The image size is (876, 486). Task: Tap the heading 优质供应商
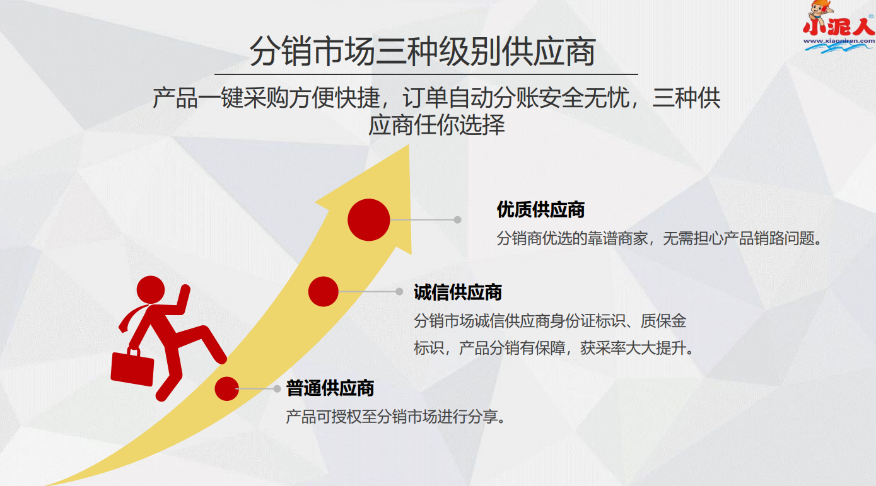point(540,209)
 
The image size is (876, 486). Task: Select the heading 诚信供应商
point(458,292)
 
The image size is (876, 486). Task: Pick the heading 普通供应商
point(330,388)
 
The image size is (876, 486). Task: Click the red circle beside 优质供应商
point(369,219)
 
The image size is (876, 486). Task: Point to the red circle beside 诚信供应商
point(324,291)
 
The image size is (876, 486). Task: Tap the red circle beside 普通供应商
point(226,388)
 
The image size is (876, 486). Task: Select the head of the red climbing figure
point(151,290)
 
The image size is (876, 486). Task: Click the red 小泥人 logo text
point(838,28)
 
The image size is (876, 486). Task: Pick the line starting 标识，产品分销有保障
point(553,348)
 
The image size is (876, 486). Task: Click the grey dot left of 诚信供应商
point(399,291)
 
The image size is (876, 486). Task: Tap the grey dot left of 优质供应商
point(457,220)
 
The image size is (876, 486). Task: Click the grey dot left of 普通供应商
point(277,389)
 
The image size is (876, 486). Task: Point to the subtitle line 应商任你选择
point(436,125)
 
